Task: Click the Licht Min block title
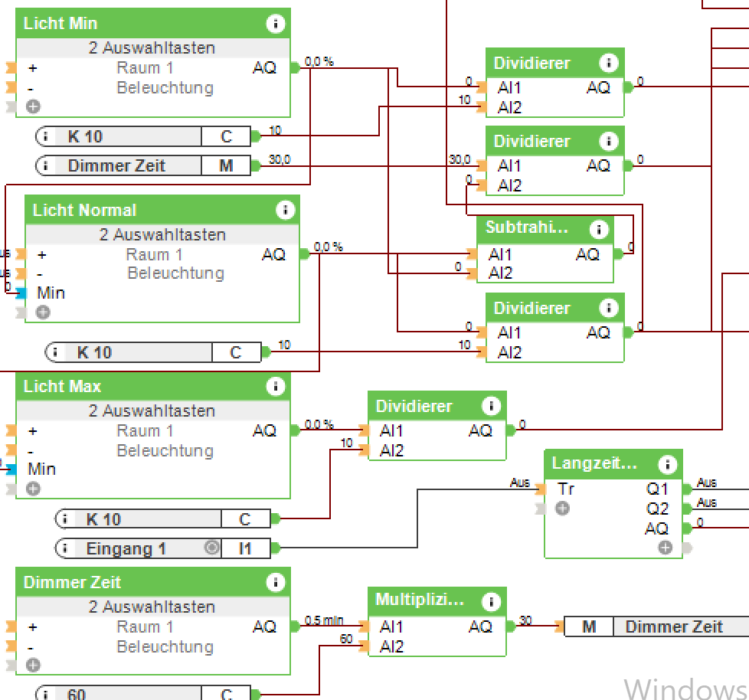61,24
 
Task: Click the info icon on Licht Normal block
286,210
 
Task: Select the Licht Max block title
62,387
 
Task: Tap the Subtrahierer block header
527,227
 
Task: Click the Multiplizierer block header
420,600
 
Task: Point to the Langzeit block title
594,463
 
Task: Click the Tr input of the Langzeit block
565,489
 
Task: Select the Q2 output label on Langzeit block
657,509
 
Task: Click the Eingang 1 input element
126,548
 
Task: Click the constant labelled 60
77,695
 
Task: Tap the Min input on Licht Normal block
51,293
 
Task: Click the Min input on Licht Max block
42,469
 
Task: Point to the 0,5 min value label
324,620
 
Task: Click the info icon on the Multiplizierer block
491,601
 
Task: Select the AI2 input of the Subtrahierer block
500,273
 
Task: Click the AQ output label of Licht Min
264,68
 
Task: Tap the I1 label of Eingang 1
245,548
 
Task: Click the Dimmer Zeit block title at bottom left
72,583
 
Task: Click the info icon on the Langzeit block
667,464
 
